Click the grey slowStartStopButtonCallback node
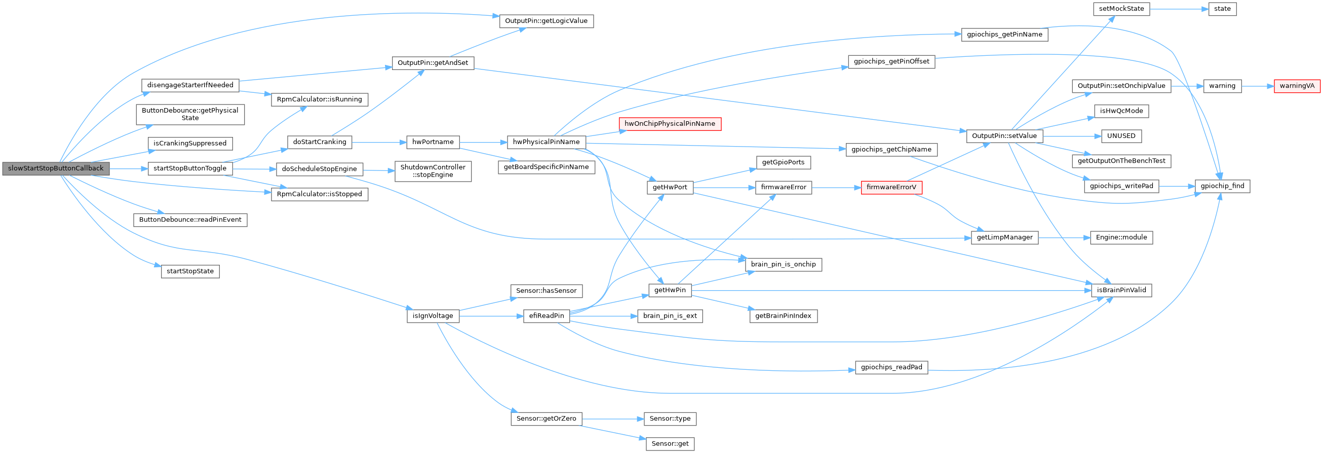[x=56, y=168]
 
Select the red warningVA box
[x=1297, y=86]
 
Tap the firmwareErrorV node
[x=891, y=188]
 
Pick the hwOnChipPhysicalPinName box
[x=669, y=124]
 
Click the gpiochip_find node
[x=1222, y=186]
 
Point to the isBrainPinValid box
[x=1121, y=290]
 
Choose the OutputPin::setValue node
[x=1004, y=136]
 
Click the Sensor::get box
[x=670, y=443]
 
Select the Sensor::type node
[x=670, y=419]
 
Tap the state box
[x=1222, y=9]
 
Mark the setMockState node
[x=1121, y=9]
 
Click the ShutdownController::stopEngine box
[x=433, y=171]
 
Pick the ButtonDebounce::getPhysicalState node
[x=190, y=114]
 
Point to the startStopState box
[x=190, y=271]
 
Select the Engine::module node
[x=1121, y=237]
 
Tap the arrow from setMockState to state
[x=1179, y=9]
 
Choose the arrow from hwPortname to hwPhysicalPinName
[x=483, y=142]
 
